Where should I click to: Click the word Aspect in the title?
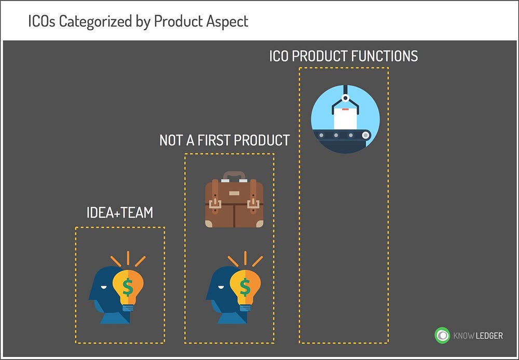[227, 22]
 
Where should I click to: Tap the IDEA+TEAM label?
[120, 212]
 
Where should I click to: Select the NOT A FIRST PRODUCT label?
[224, 140]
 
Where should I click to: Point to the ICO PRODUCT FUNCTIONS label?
[344, 56]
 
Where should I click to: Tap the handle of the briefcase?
[234, 176]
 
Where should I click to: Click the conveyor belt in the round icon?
[343, 135]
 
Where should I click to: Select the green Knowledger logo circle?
[442, 335]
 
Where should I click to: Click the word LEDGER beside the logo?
[489, 336]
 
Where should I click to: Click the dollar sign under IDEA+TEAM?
[128, 287]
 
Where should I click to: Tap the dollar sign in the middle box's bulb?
[245, 287]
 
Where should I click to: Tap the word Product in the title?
[178, 22]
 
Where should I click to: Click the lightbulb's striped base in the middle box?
[245, 308]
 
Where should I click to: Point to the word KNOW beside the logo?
[463, 336]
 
